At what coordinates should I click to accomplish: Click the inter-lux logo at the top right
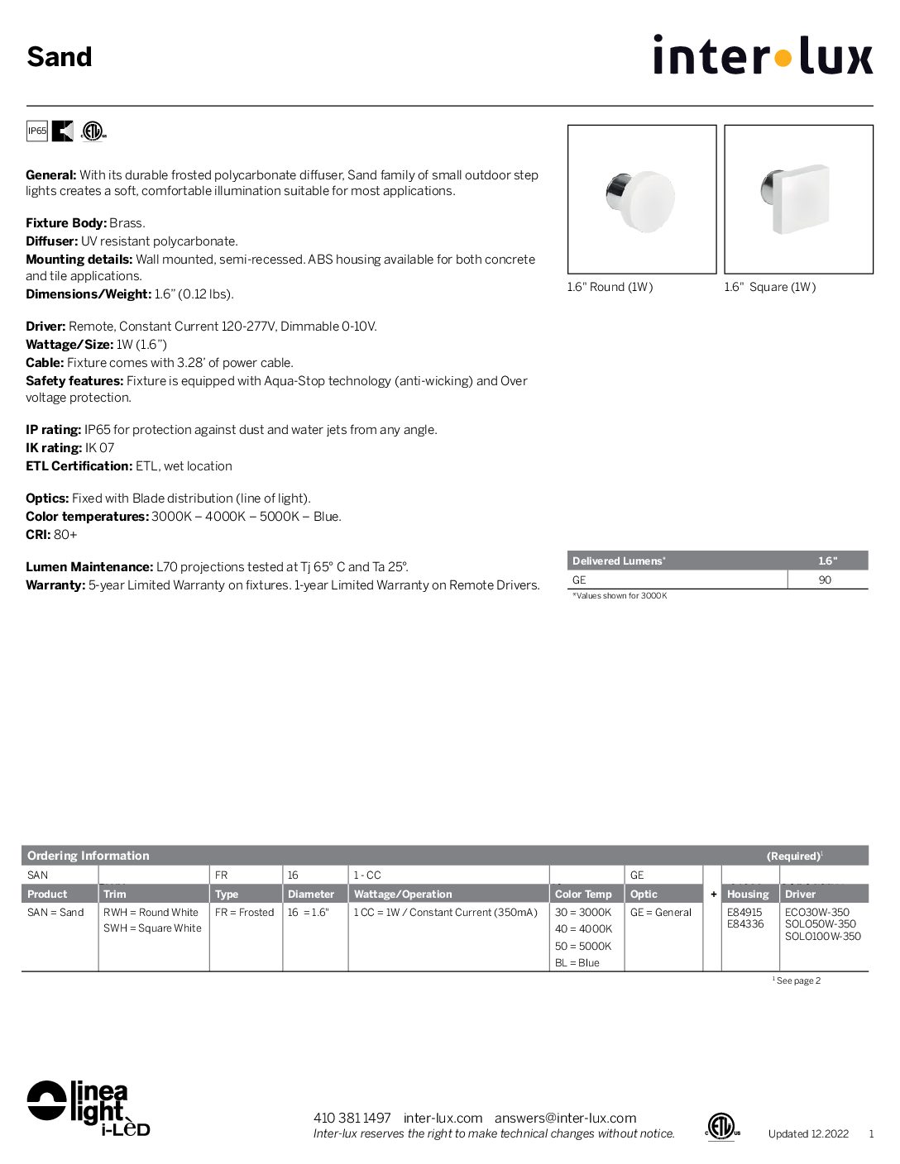[762, 55]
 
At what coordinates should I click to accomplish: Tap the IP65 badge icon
[37, 131]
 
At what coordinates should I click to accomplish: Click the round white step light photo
[641, 199]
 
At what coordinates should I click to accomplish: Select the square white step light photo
[798, 199]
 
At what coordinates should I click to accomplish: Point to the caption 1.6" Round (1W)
[610, 287]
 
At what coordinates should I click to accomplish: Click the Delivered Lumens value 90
[825, 580]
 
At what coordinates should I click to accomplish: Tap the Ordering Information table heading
[89, 856]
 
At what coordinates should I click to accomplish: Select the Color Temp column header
[583, 894]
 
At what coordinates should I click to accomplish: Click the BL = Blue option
[577, 962]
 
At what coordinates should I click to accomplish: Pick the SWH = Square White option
[152, 928]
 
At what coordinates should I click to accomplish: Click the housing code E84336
[745, 924]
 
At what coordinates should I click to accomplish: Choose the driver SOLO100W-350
[822, 937]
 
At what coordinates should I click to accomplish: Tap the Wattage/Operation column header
[403, 894]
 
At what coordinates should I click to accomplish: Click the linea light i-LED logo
[88, 1107]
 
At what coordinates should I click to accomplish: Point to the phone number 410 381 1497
[352, 1118]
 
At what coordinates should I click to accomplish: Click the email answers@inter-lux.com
[565, 1118]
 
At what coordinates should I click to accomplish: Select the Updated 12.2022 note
[808, 1133]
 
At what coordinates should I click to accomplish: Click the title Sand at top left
[60, 57]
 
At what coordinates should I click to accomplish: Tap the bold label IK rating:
[54, 448]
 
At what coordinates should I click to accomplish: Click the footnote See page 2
[797, 980]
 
